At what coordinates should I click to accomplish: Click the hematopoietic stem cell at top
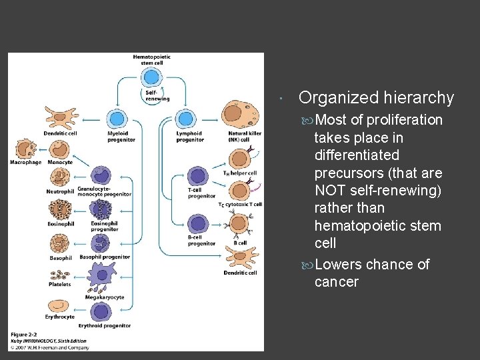point(153,75)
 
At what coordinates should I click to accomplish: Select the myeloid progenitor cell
point(117,119)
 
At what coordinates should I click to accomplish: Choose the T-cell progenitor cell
point(198,177)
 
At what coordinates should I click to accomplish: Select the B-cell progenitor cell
point(198,223)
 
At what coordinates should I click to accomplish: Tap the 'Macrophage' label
point(25,162)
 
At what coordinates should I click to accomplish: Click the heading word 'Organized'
point(339,98)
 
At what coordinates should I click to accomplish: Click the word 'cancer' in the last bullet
point(336,282)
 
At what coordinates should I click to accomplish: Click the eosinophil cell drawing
point(59,211)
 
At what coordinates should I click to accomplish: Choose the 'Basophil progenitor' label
point(105,257)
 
